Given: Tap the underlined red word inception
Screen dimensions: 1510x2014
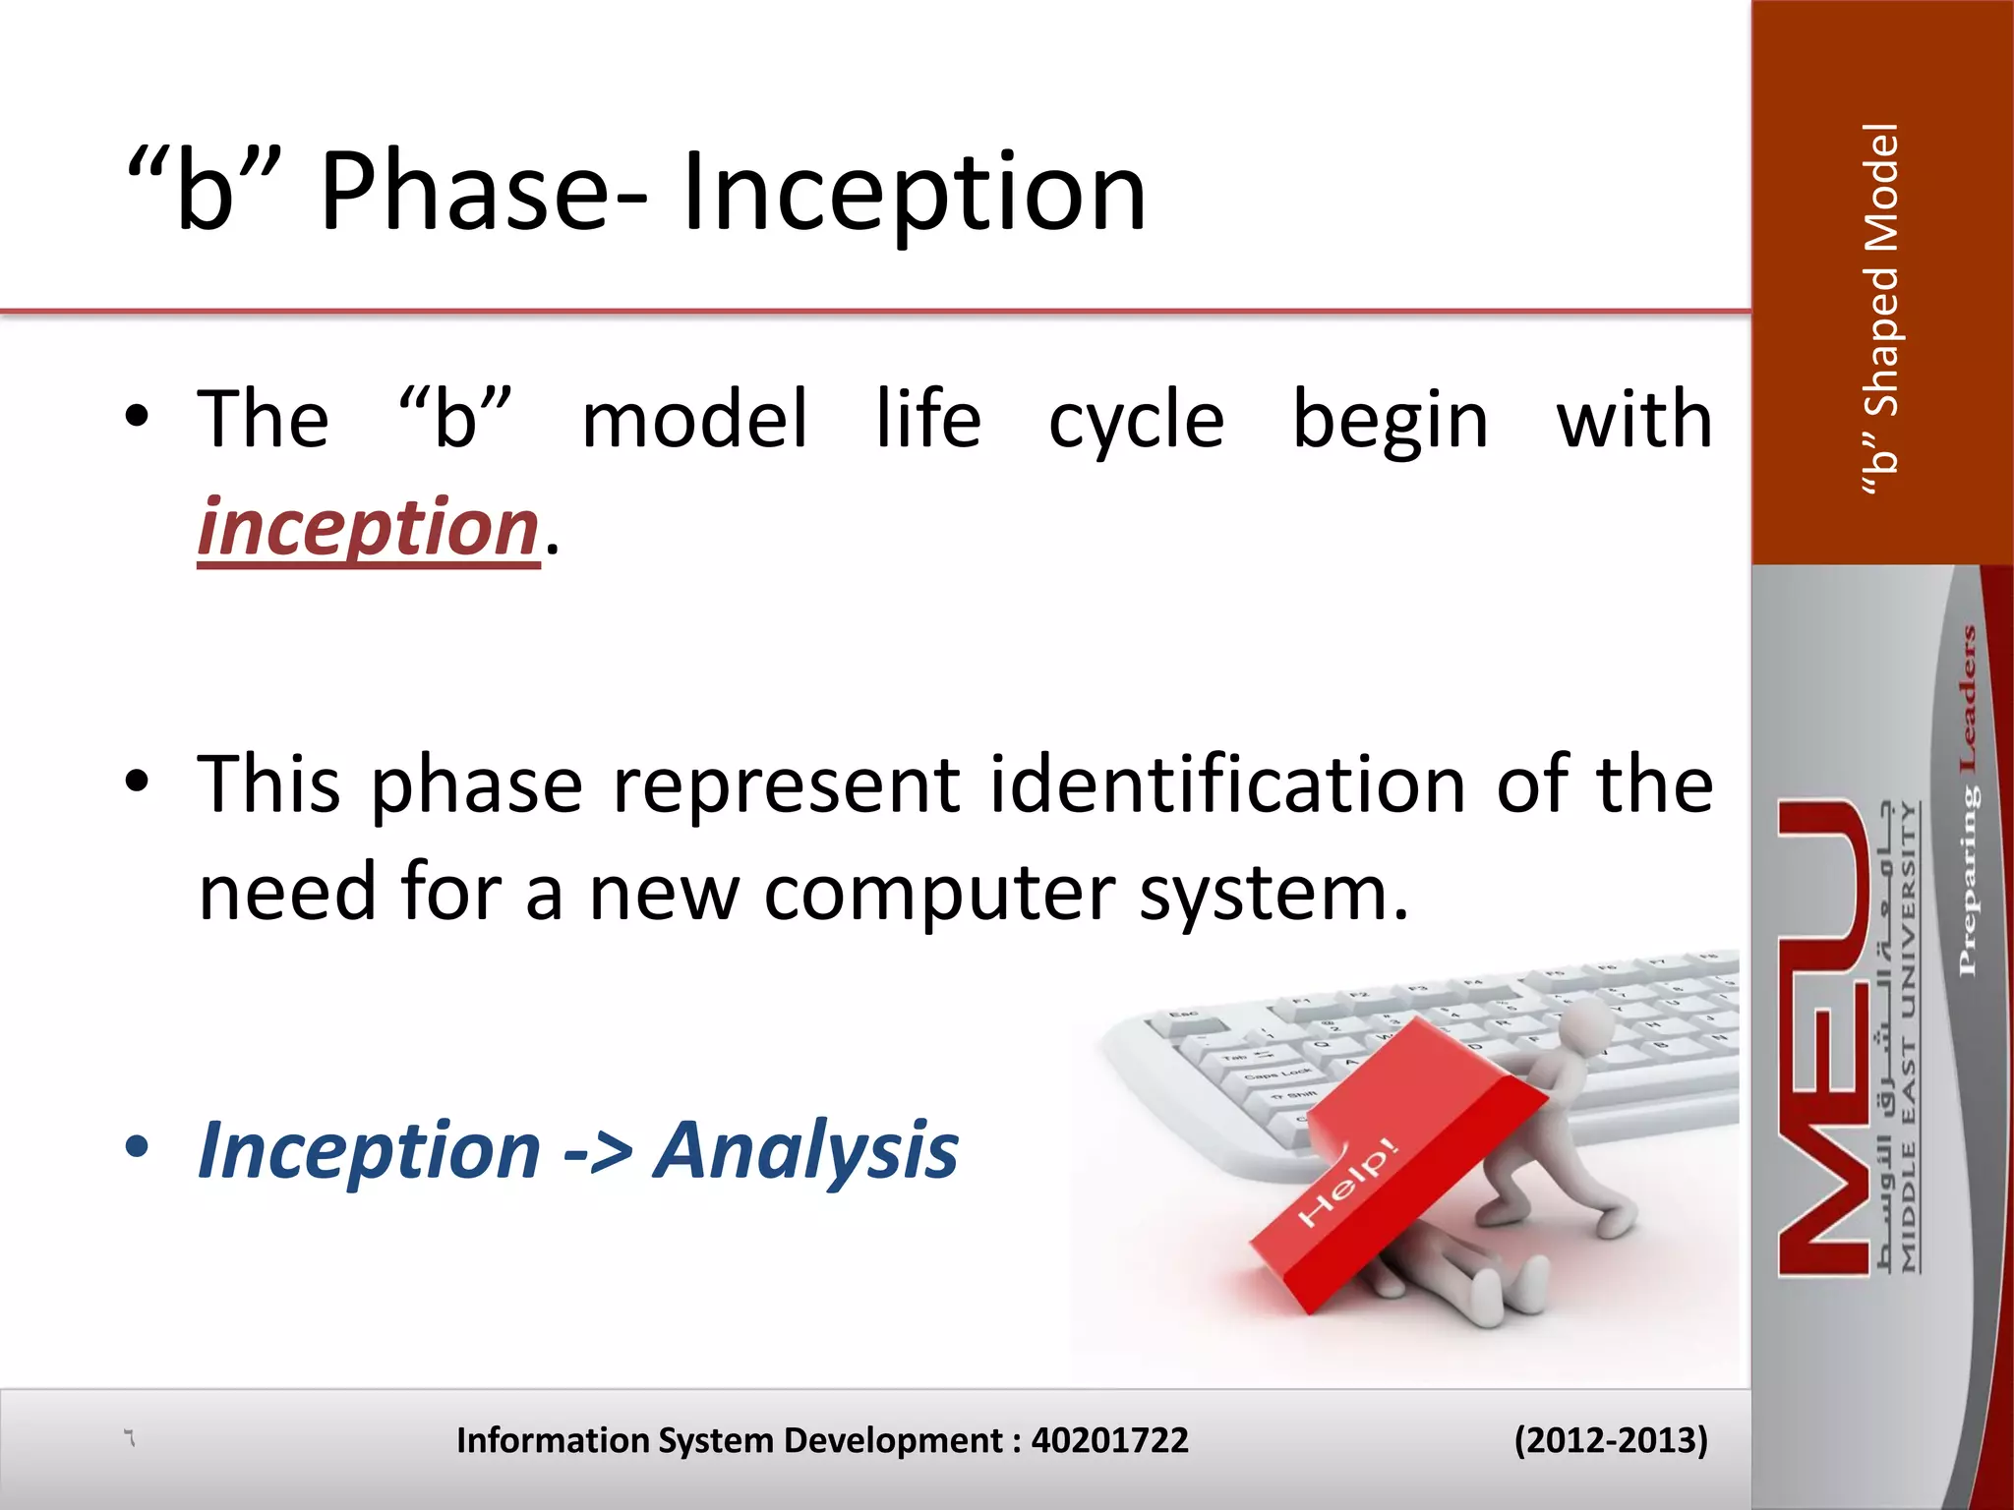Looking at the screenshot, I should pos(368,528).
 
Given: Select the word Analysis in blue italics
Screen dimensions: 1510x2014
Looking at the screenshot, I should pos(805,1150).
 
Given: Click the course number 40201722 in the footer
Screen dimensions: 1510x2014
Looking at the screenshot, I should pos(1108,1440).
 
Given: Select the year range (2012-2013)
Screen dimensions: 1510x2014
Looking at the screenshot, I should pos(1610,1440).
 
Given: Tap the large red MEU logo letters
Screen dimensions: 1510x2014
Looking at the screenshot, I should pos(1822,1037).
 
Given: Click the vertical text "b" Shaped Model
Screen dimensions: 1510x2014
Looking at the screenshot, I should pos(1881,309).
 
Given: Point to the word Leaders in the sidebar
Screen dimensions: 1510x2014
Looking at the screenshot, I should pos(1967,698).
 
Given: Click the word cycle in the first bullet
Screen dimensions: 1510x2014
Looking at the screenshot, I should pos(1136,421).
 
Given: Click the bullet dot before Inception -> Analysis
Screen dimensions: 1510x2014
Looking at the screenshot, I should pos(137,1145).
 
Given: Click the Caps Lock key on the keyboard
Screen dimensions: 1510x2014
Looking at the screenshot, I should pos(1275,1074).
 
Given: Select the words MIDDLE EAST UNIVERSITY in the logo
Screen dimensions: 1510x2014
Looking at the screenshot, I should pos(1908,1037).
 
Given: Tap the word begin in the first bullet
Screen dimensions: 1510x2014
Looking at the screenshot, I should pos(1390,421).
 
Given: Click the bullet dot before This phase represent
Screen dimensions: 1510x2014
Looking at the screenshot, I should pos(137,781).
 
